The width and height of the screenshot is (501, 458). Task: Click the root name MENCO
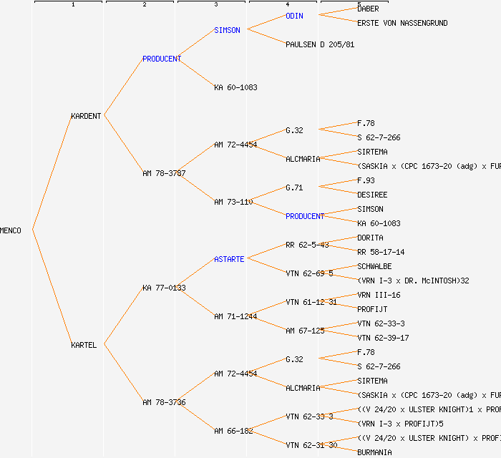11,230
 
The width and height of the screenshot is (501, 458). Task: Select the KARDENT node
86,116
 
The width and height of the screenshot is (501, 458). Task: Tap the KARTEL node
84,345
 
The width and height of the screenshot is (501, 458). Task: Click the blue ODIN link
295,16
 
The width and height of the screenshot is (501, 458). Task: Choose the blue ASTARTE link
229,259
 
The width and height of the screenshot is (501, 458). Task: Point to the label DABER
368,9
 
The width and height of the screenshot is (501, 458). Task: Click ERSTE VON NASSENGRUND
402,23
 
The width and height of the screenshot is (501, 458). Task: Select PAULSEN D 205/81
320,44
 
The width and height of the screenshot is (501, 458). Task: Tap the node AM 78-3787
164,173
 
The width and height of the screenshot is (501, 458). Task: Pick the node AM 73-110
233,202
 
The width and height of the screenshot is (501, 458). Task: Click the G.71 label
294,187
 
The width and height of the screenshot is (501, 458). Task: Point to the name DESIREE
372,195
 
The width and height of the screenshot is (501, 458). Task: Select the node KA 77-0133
164,288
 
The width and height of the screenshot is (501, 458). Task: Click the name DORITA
370,238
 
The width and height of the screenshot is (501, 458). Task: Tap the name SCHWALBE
374,266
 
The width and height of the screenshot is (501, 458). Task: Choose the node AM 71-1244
235,316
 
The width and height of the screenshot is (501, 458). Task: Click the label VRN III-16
379,295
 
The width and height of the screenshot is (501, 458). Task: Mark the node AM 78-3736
164,402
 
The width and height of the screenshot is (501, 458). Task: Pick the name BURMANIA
374,452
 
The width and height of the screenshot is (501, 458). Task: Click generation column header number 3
215,5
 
